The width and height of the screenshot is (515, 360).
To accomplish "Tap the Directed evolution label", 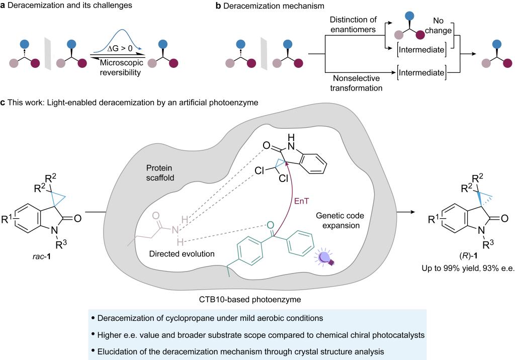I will (182, 253).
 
